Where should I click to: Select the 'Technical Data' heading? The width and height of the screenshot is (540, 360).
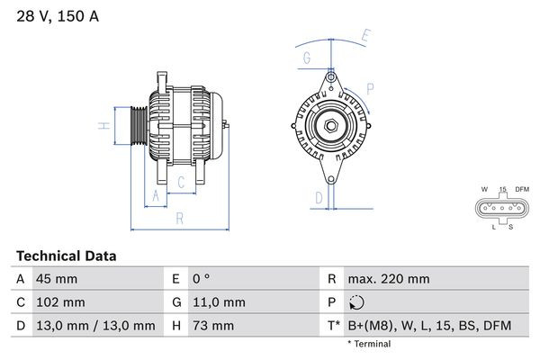[66, 256]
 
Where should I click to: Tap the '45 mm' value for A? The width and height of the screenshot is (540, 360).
[57, 279]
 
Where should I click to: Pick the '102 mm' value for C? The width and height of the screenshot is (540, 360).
[60, 302]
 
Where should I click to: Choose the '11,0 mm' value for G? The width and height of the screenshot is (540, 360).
[217, 302]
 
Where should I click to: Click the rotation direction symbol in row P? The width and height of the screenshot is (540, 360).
[358, 302]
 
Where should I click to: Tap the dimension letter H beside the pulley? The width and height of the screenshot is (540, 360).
[105, 125]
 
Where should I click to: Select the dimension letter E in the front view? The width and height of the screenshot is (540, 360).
[364, 36]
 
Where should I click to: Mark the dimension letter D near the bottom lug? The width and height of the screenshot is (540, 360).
[319, 198]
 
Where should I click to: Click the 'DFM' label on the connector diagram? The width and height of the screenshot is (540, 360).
[522, 189]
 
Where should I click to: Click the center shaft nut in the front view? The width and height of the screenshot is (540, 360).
[331, 126]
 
